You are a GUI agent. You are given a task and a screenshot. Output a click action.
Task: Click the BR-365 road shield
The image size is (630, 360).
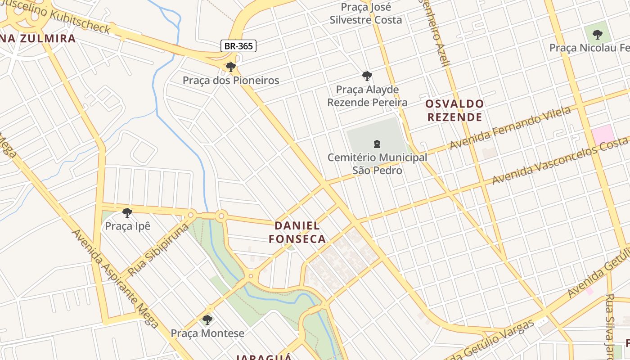tap(238, 45)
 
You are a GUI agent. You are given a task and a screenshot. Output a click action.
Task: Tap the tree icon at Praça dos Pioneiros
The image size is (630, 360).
tap(231, 67)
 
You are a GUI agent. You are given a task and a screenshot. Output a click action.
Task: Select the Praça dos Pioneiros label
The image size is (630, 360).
tap(231, 81)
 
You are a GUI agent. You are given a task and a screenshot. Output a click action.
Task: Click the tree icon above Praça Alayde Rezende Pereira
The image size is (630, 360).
tap(367, 76)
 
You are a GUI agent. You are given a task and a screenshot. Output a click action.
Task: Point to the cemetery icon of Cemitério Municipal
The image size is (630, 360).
tap(377, 144)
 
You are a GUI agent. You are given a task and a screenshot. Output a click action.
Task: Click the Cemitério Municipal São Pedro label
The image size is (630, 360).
tap(377, 164)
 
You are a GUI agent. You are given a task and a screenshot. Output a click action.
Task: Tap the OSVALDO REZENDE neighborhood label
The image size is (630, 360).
tap(454, 111)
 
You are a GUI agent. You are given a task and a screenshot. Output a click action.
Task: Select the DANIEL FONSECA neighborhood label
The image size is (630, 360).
tap(297, 232)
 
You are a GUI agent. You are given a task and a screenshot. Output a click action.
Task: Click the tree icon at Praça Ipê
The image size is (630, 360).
tap(127, 212)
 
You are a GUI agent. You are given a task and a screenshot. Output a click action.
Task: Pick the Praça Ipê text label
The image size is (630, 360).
tap(127, 226)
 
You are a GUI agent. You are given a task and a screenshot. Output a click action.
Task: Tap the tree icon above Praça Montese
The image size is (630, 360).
tap(207, 320)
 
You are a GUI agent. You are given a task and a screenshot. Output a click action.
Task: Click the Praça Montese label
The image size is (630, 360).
tap(207, 333)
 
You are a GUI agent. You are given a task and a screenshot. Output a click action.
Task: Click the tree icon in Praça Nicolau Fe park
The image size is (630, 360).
tap(597, 34)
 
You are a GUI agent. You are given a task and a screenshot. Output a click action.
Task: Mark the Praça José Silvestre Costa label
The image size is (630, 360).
tap(366, 13)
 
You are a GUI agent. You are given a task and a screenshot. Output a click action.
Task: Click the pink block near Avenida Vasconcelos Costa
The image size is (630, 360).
tap(603, 135)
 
